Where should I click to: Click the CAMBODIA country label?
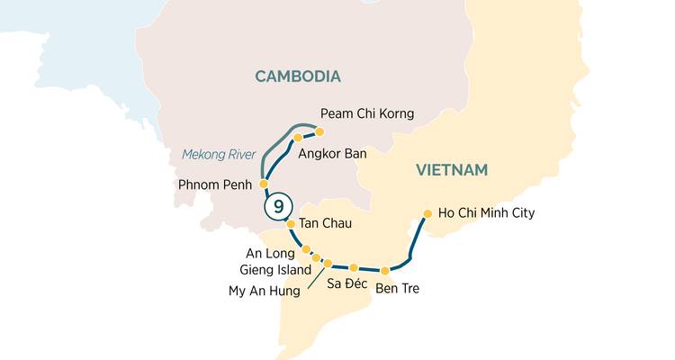click(298, 76)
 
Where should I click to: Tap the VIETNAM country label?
click(451, 170)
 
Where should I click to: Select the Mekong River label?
click(220, 154)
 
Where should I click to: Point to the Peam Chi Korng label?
click(367, 114)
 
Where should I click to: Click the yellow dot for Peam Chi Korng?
click(319, 131)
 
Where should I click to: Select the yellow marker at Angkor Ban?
click(298, 138)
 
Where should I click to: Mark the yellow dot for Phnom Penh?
click(264, 184)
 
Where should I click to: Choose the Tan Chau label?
click(324, 224)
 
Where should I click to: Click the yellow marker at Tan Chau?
click(291, 224)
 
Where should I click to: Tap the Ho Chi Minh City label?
click(485, 213)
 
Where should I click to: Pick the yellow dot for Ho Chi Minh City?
click(427, 214)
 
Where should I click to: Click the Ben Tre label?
click(397, 289)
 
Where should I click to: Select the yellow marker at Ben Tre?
click(384, 270)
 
